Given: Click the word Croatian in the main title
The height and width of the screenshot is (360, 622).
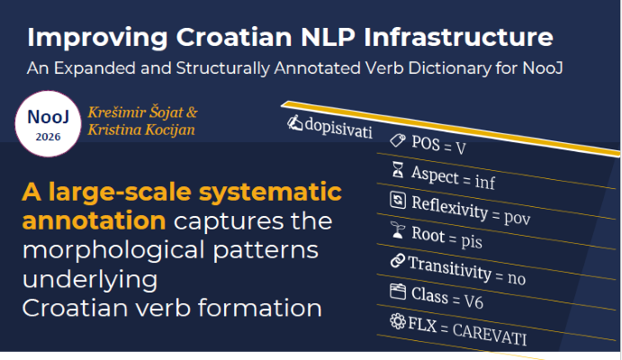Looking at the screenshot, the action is pos(234,37).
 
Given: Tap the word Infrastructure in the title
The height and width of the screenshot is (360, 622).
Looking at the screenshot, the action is pos(458,37).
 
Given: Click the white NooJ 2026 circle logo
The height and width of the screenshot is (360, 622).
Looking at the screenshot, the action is pos(48,123).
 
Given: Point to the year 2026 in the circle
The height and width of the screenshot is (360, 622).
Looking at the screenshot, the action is pos(48,137).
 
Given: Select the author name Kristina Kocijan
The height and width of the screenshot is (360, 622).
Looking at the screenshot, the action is pos(141,130).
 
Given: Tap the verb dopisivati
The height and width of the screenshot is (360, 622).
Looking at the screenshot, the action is pos(338,128).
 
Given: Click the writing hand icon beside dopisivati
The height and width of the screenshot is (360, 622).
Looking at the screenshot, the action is pos(294,122).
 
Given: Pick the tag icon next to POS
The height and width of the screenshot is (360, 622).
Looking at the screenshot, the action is pos(398,140).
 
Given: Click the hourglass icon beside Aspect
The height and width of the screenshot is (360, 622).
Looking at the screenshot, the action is pos(398,170).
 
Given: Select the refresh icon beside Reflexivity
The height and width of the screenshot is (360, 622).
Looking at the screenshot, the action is pos(398,200).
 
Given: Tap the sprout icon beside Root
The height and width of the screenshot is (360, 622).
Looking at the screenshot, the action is pos(398,230).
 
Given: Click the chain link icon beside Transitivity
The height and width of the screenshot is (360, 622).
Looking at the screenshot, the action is pos(398,260).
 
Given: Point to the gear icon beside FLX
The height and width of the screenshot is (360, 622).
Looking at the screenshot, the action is pos(398,321).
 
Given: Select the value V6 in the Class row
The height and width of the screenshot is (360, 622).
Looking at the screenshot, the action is pos(473,302).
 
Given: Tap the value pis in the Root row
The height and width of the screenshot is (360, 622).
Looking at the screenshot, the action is pos(472,241).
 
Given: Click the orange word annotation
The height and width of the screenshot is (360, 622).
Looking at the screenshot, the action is pos(94,220).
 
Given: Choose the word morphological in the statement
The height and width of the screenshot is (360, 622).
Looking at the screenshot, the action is pos(114,250).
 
